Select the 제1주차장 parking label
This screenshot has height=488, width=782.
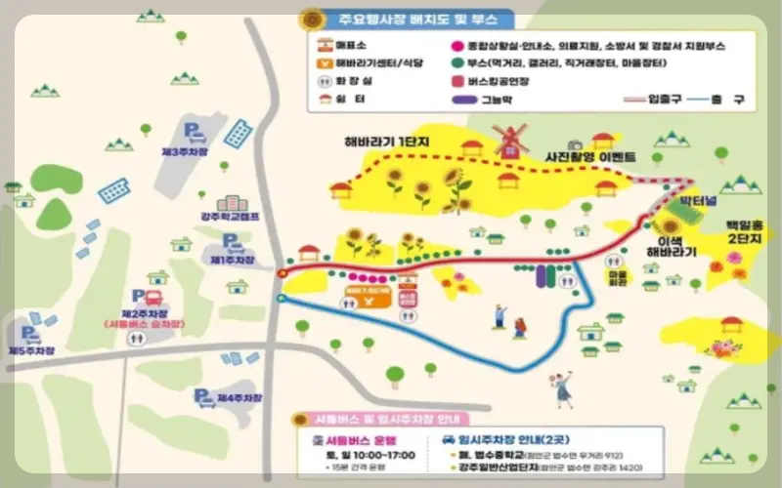(231, 261)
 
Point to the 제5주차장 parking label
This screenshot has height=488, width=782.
(29, 349)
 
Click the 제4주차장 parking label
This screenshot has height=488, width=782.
(239, 398)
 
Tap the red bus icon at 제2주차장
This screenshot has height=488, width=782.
(152, 299)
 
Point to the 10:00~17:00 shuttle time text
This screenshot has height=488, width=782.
(363, 455)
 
